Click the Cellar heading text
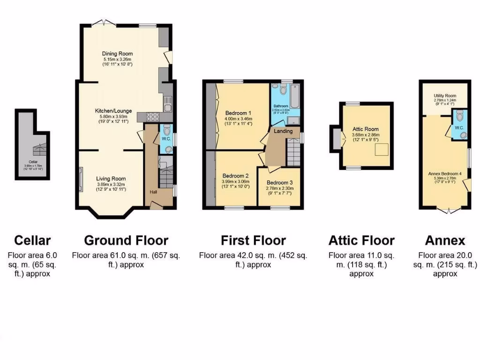tap(32, 240)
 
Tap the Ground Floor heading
tap(126, 240)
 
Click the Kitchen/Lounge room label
tap(113, 111)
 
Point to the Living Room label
tap(111, 179)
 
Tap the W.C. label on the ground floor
tap(165, 139)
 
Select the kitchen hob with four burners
tap(153, 117)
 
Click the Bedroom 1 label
tap(238, 113)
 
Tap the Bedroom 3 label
tap(280, 182)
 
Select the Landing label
tap(283, 131)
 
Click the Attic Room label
tap(366, 129)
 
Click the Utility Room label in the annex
tap(444, 96)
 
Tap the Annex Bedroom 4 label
tap(445, 173)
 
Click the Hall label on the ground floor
tap(153, 192)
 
